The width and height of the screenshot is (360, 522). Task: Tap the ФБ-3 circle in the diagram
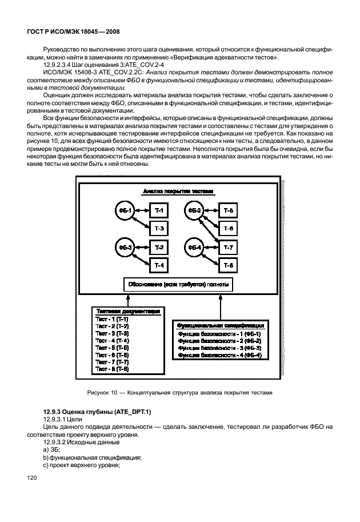(x=125, y=248)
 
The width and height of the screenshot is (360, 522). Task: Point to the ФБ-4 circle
(x=195, y=248)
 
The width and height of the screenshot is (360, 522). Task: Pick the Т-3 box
(x=159, y=229)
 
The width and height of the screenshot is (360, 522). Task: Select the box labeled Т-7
(x=228, y=248)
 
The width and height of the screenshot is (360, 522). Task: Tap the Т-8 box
(x=228, y=265)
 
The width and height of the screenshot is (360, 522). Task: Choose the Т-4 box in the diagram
(x=159, y=265)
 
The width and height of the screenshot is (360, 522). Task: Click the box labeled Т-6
(x=228, y=229)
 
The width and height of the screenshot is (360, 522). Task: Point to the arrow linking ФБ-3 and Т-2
(x=142, y=248)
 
